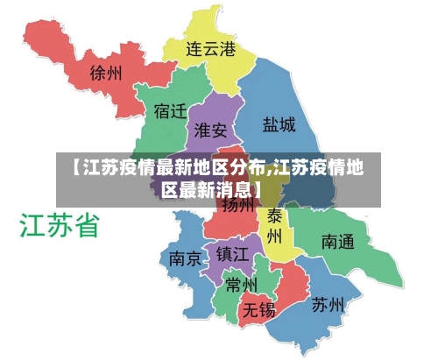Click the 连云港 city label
pyautogui.click(x=211, y=49)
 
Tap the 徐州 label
pyautogui.click(x=108, y=73)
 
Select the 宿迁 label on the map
pyautogui.click(x=170, y=112)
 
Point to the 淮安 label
pyautogui.click(x=210, y=131)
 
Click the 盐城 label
pyautogui.click(x=279, y=124)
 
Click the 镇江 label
pyautogui.click(x=233, y=254)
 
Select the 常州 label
pyautogui.click(x=241, y=285)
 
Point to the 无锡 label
pyautogui.click(x=259, y=309)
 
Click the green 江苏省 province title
pyautogui.click(x=59, y=225)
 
